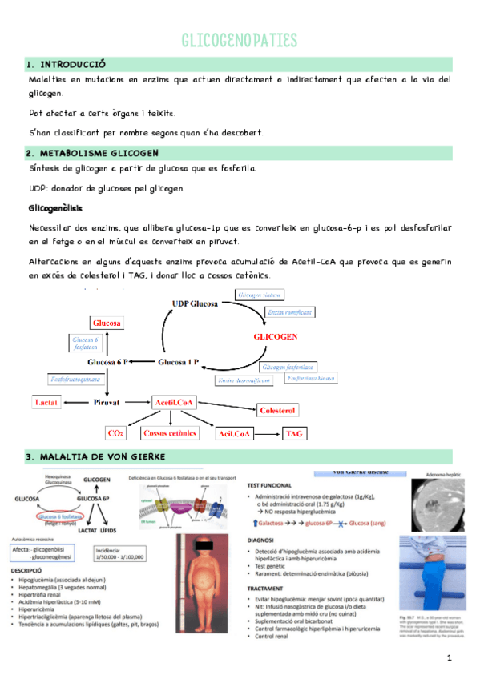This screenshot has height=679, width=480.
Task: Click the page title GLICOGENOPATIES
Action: point(240,41)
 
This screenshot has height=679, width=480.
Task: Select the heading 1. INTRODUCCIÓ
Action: point(67,64)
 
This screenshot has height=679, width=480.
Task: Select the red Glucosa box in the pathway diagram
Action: point(107,323)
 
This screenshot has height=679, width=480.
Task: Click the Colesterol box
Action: point(278,410)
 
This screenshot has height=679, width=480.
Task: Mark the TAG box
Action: point(295,433)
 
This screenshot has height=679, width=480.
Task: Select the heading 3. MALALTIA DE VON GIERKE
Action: point(95,456)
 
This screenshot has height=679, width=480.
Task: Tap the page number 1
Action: point(450,658)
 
